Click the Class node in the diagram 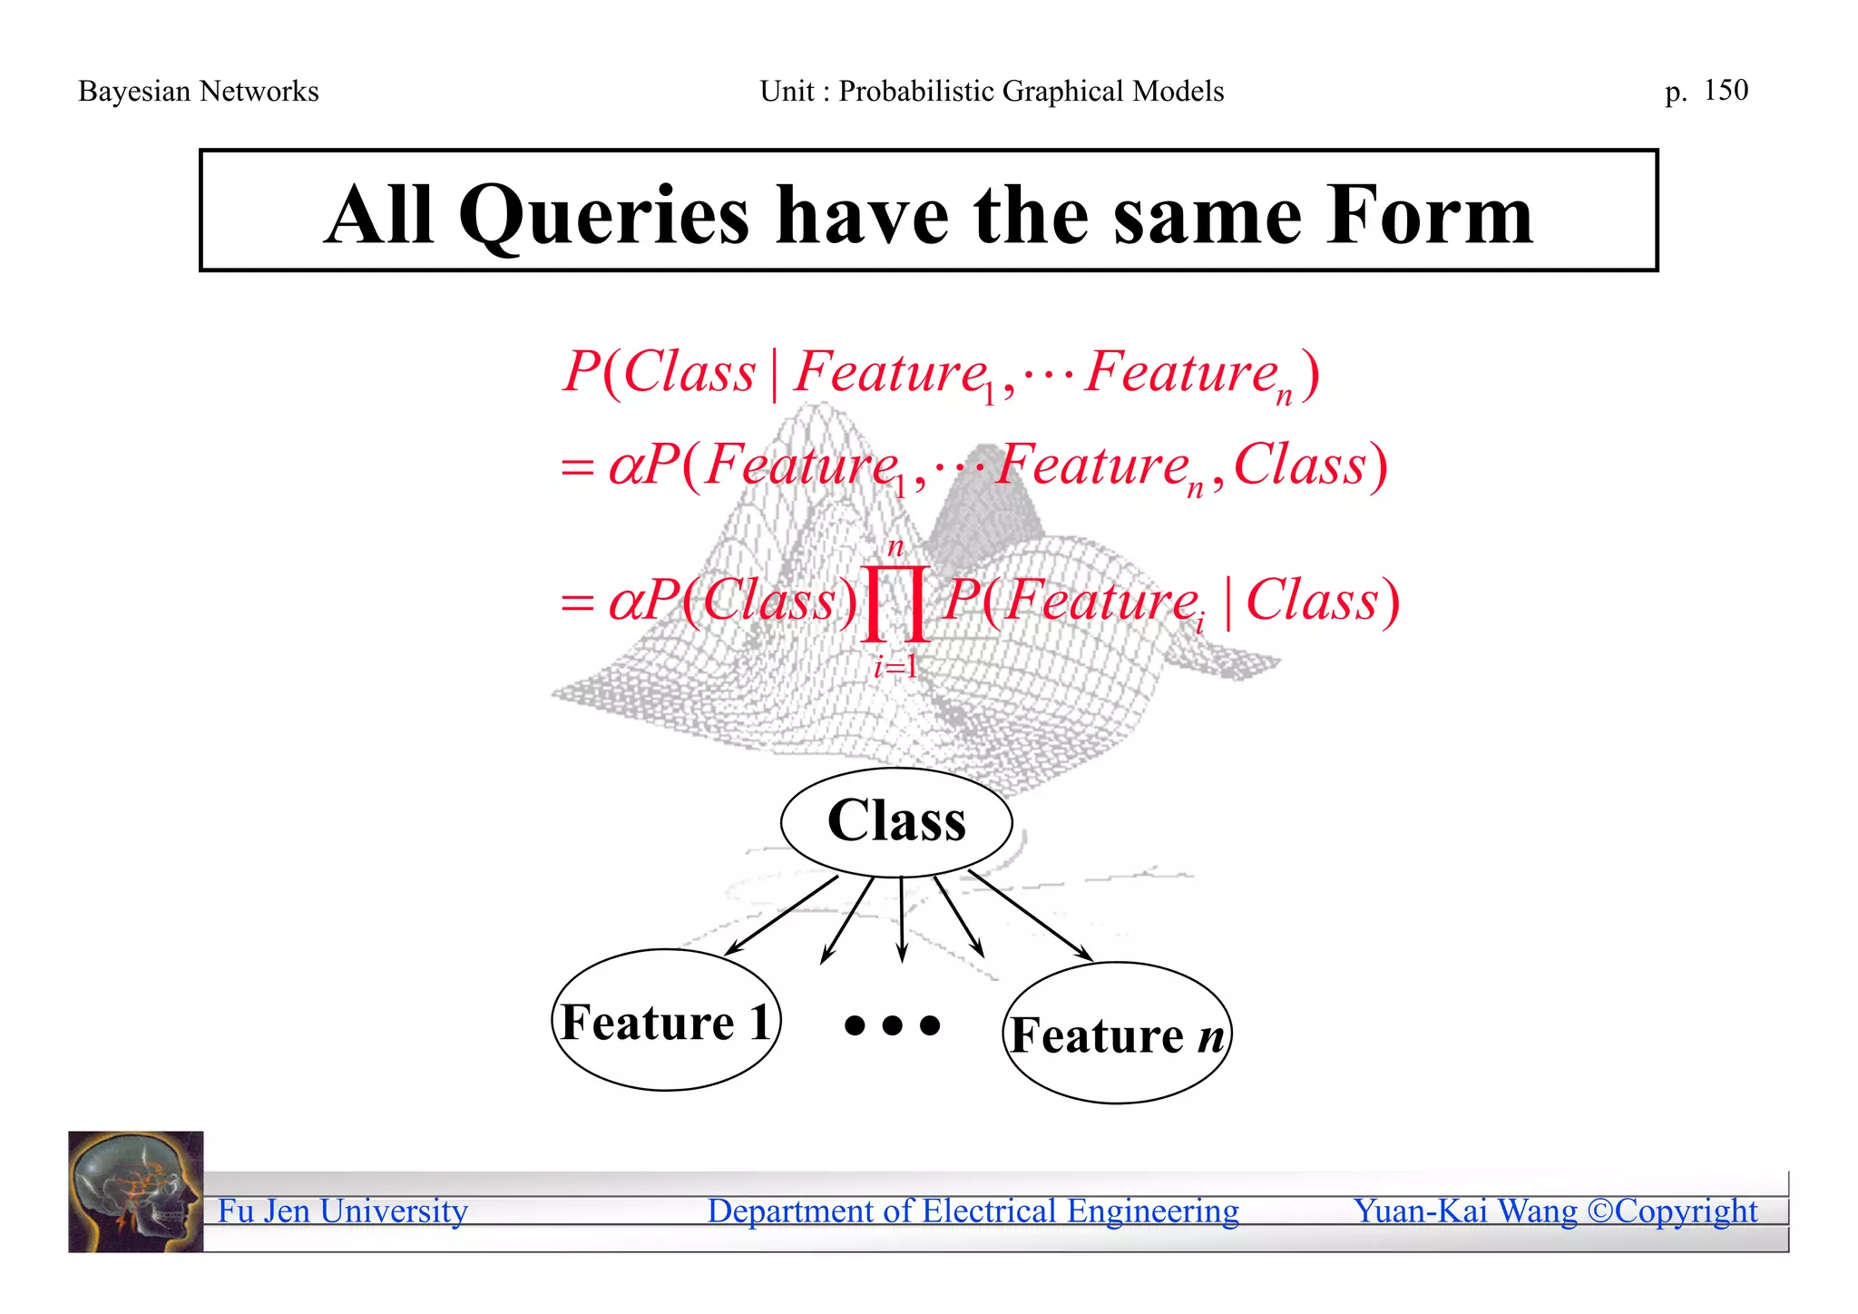(x=896, y=821)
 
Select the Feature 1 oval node (x=666, y=1020)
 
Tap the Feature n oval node (x=1117, y=1034)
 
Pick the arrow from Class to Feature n (x=1030, y=915)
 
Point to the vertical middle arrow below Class (x=901, y=918)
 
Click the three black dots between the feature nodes (x=892, y=1025)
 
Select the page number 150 (x=1726, y=90)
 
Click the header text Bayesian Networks (x=199, y=92)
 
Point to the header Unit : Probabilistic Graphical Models (x=992, y=92)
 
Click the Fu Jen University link (x=343, y=1211)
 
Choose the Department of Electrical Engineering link (x=973, y=1211)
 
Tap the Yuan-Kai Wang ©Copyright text (x=1555, y=1211)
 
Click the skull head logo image (x=136, y=1191)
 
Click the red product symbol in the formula (x=895, y=603)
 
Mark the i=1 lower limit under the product (x=895, y=668)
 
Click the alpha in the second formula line (x=625, y=467)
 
